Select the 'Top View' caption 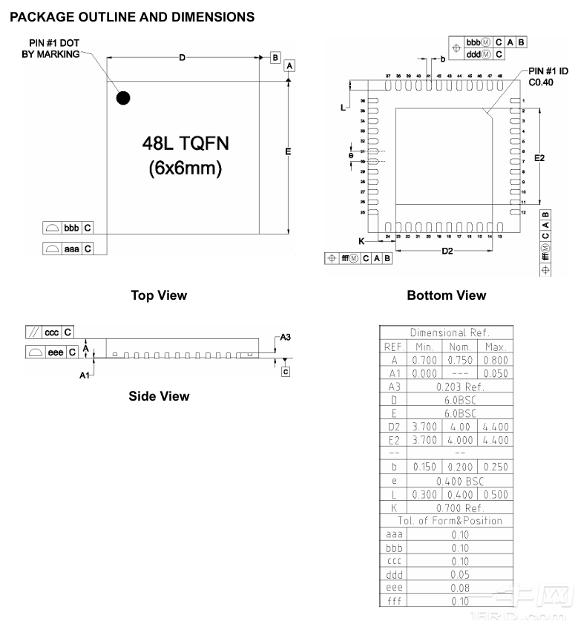click(159, 295)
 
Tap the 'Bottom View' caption click(447, 295)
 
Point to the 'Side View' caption click(159, 396)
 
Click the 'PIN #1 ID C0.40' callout click(548, 76)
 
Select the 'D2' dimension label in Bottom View click(447, 252)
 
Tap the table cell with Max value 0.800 click(496, 360)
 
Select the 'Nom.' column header click(461, 347)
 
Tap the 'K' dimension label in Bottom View click(361, 241)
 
